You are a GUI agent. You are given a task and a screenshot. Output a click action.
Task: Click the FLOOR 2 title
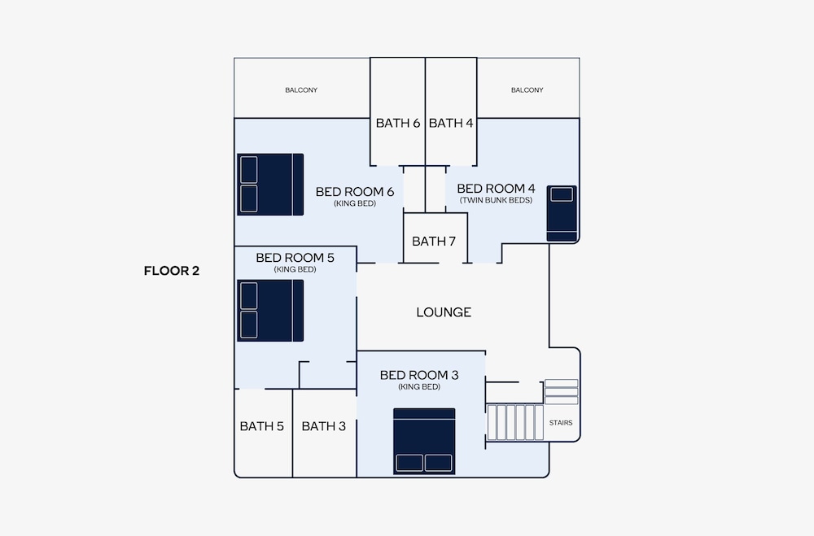[171, 271]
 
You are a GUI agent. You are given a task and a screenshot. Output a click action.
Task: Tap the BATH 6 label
[398, 123]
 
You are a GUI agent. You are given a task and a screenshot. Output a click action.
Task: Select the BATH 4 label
[451, 123]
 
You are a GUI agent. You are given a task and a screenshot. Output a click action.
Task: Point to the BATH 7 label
[434, 242]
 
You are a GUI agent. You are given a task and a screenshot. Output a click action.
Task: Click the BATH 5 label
[261, 426]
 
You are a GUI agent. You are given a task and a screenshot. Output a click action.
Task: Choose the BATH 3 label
[323, 426]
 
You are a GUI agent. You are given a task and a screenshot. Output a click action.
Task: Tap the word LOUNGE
[444, 312]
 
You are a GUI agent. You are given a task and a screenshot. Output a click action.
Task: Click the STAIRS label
[561, 423]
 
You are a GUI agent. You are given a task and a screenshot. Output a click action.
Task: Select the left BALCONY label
[301, 89]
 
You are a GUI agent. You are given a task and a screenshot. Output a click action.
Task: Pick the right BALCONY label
[527, 89]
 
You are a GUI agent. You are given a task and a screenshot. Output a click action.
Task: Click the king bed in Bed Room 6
[270, 184]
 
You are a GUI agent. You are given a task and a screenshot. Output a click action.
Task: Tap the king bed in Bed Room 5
[270, 311]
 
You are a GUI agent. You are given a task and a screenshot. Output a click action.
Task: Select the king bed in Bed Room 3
[424, 441]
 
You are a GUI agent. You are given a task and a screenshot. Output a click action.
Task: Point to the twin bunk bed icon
[562, 213]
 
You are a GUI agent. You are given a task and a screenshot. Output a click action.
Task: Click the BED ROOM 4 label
[496, 189]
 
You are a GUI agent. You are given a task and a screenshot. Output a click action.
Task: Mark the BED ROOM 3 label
[419, 375]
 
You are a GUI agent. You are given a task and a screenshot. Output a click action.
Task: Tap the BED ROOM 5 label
[295, 257]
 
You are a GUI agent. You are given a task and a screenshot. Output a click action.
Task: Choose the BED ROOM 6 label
[355, 191]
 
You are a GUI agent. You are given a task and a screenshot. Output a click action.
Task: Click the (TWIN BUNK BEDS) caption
[496, 200]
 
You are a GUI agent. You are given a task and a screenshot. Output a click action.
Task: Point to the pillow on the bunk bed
[562, 194]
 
